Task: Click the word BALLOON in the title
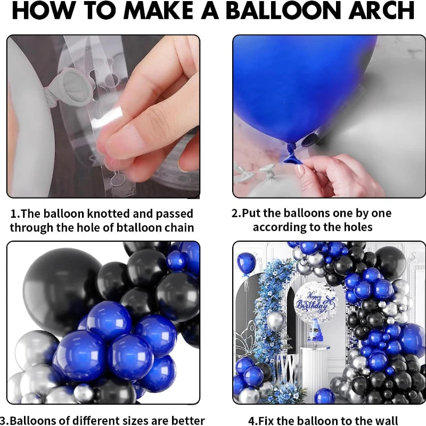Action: coord(285,10)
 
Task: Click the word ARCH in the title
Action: coord(381,10)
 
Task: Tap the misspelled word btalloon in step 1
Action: coord(137,227)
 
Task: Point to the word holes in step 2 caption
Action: coord(358,227)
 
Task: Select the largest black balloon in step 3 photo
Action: coord(63,289)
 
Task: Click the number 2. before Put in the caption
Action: coord(236,214)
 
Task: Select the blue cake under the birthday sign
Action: coord(315,331)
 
